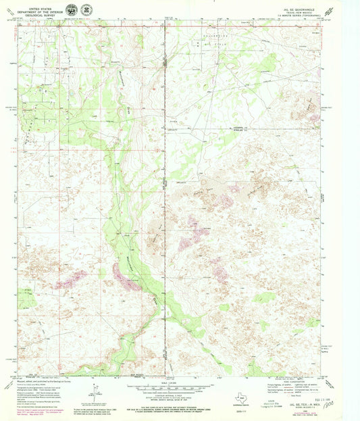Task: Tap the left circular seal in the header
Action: tap(70, 10)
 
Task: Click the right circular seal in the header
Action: tap(86, 10)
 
